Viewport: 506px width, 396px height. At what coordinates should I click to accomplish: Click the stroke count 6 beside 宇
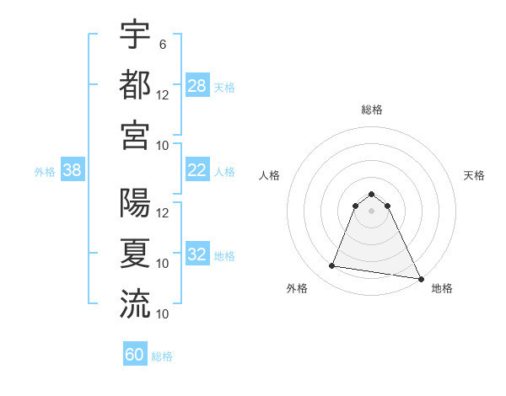click(x=162, y=44)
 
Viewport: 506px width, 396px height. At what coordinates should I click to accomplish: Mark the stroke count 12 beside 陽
click(x=163, y=212)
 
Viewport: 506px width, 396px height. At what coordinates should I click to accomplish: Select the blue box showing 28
click(x=197, y=85)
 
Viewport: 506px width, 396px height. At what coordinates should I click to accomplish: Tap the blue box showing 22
click(x=197, y=170)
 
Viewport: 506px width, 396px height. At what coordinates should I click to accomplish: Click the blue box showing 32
click(x=197, y=254)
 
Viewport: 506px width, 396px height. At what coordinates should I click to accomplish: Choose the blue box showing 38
click(x=72, y=170)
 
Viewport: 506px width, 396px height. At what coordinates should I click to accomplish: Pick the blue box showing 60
click(x=135, y=355)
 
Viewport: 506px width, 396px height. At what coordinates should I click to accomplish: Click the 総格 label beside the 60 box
click(x=162, y=356)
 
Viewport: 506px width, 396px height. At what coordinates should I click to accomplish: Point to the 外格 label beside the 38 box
click(x=45, y=172)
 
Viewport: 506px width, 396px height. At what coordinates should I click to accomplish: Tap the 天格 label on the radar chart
click(x=474, y=175)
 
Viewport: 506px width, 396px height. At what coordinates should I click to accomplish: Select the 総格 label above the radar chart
click(x=372, y=110)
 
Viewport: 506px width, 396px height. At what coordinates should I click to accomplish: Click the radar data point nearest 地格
click(x=422, y=278)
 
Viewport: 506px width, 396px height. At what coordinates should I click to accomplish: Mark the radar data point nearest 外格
click(x=332, y=266)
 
